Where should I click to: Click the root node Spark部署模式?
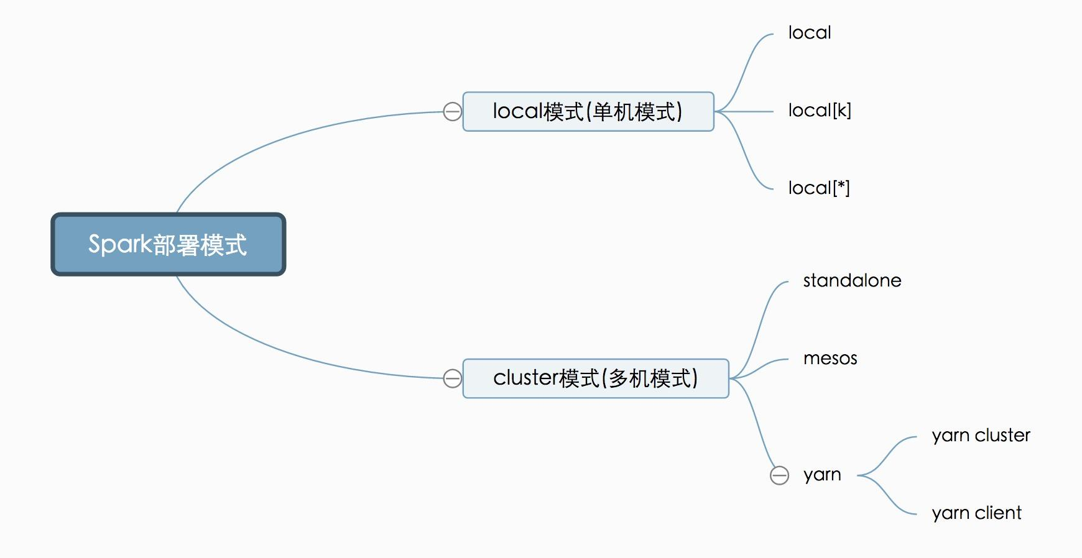click(168, 244)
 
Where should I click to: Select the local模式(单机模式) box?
click(588, 112)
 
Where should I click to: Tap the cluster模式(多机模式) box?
click(595, 378)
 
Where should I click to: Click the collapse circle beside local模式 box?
click(453, 112)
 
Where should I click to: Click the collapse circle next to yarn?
click(779, 475)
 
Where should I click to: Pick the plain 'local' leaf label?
click(809, 33)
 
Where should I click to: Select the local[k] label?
click(819, 111)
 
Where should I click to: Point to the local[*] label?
click(818, 188)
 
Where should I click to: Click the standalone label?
click(852, 281)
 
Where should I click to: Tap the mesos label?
click(830, 359)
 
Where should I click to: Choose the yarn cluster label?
click(981, 436)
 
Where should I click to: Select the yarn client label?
click(976, 513)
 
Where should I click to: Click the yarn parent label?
click(822, 475)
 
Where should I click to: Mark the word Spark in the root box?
click(120, 244)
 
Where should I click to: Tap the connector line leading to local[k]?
click(746, 112)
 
